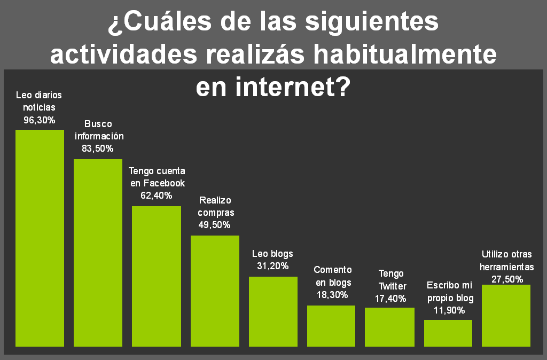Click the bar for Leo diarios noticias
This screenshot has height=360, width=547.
tap(40, 238)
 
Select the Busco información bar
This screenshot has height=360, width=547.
tap(98, 253)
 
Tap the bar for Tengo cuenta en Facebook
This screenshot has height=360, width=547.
tap(157, 276)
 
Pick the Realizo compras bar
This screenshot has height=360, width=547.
tap(215, 291)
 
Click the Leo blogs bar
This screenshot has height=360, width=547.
tap(273, 311)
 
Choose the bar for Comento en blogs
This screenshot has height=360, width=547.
tap(331, 326)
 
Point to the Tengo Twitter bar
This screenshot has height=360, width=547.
tap(389, 327)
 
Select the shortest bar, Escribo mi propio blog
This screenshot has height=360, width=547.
tap(448, 333)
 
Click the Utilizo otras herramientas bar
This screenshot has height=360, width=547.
tap(506, 315)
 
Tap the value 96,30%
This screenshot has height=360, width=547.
tap(39, 120)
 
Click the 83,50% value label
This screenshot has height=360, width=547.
tap(98, 149)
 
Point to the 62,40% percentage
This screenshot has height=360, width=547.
tap(157, 195)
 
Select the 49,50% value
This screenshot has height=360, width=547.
tap(214, 225)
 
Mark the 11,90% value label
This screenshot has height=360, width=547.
tap(448, 310)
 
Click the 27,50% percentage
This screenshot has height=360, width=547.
tap(506, 279)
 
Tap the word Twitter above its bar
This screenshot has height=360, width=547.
tap(392, 286)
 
